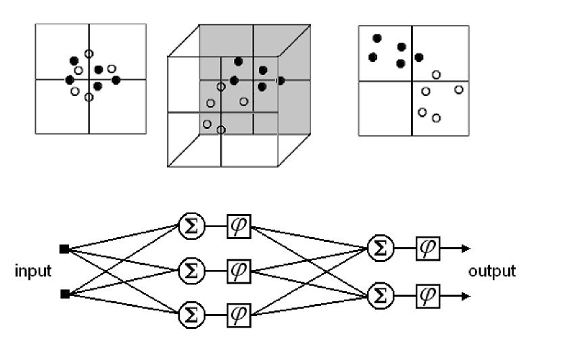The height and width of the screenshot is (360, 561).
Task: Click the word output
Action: (x=492, y=272)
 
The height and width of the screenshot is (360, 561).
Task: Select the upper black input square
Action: (x=64, y=250)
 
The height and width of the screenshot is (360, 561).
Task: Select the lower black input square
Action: (x=64, y=294)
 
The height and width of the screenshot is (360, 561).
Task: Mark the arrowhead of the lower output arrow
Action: (x=466, y=294)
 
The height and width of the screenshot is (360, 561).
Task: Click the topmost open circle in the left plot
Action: (x=89, y=53)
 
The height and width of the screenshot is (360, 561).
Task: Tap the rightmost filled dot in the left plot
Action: (x=116, y=80)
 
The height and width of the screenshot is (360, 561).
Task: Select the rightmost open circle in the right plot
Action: (x=459, y=90)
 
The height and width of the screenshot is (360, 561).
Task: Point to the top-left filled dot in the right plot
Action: (x=377, y=38)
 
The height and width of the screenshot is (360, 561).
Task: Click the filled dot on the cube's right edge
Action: (x=280, y=81)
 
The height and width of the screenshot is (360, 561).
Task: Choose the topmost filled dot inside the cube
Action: (x=238, y=61)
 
